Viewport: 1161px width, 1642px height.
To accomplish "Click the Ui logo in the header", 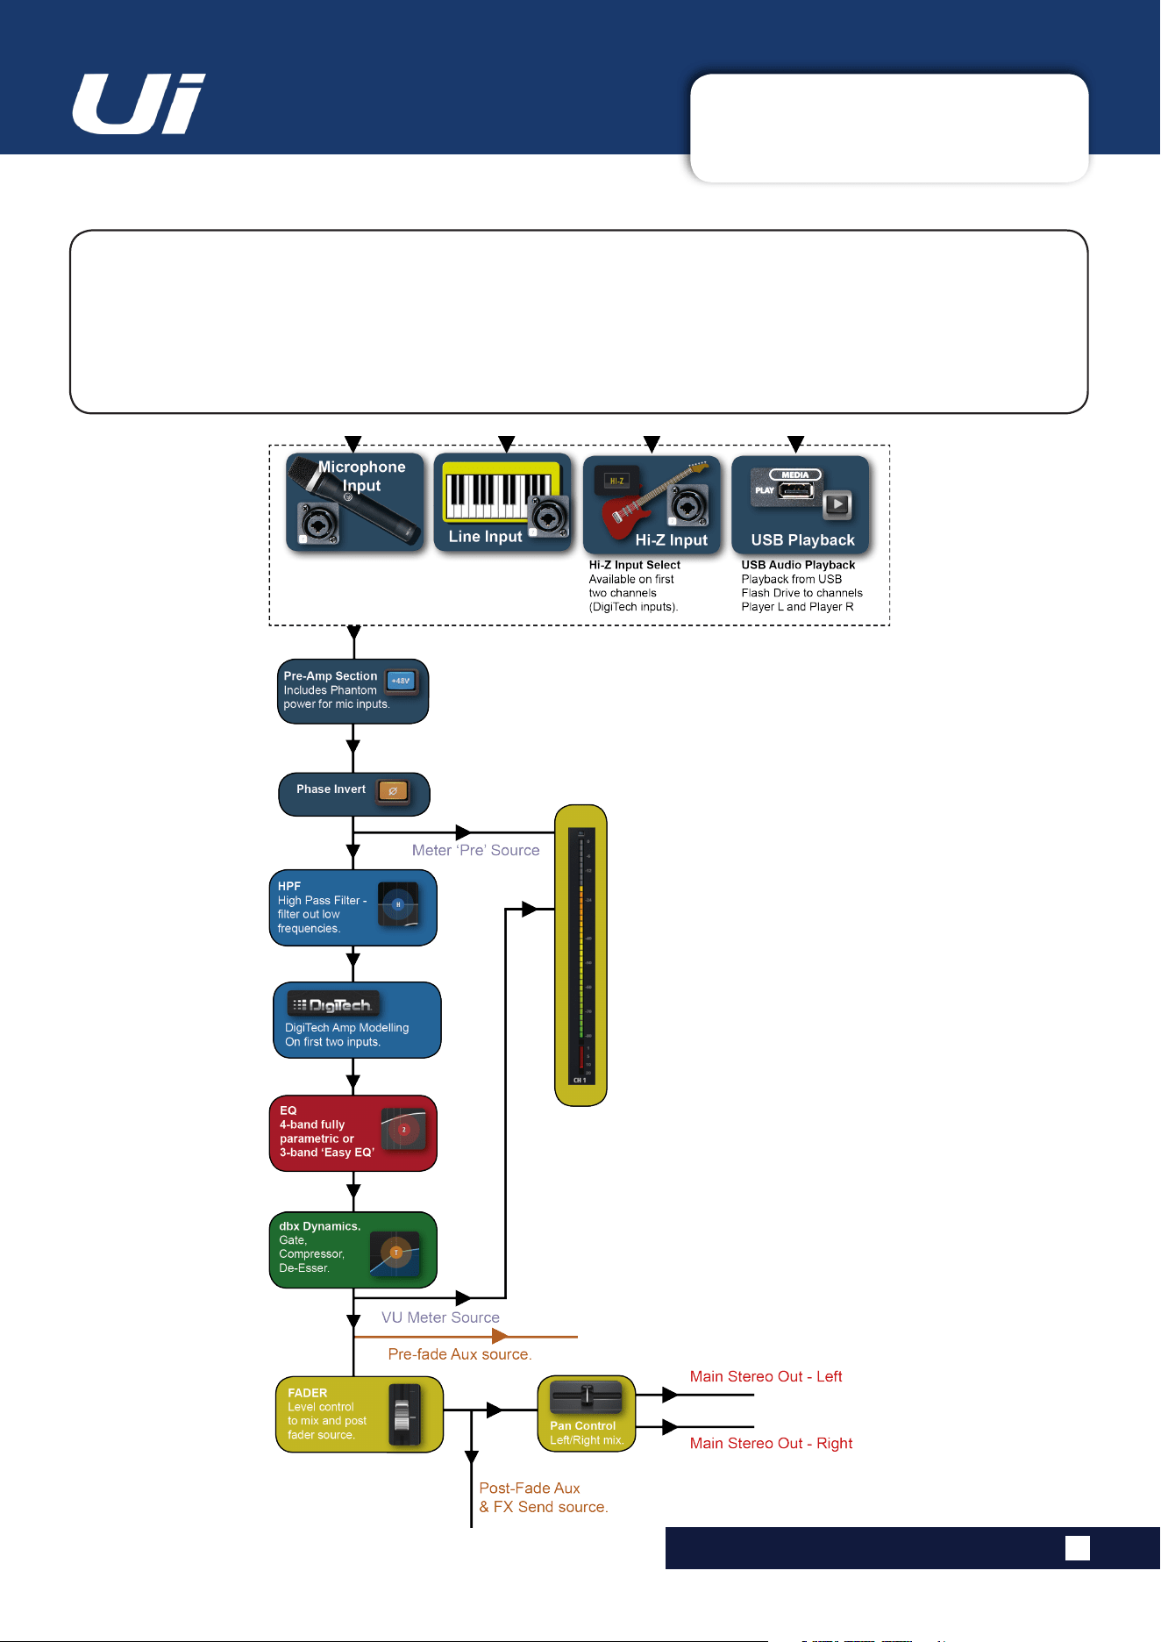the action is click(139, 104).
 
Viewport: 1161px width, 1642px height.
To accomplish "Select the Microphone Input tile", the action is click(354, 503).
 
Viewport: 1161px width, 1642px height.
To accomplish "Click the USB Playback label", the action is click(802, 540).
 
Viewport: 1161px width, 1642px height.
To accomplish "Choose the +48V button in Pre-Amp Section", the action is click(401, 681).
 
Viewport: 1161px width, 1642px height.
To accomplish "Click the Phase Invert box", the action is click(354, 794).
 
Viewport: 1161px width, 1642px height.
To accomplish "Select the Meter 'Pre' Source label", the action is click(476, 850).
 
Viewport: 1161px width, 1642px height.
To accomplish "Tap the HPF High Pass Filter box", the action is click(353, 908).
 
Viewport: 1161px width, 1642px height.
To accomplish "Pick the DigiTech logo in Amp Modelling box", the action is click(332, 1005).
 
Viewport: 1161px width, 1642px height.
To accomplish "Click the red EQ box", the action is click(353, 1133).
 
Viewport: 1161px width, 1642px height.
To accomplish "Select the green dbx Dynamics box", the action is click(353, 1250).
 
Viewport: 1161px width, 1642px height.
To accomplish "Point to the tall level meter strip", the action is click(580, 955).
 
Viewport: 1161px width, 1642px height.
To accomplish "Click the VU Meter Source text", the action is click(440, 1317).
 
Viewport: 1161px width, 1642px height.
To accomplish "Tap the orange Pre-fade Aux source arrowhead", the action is click(500, 1337).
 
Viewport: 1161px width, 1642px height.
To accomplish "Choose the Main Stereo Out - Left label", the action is click(766, 1376).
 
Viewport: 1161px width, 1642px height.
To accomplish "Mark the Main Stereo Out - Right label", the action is click(771, 1443).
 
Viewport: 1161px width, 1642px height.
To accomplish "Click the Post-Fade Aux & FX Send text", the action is click(544, 1497).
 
